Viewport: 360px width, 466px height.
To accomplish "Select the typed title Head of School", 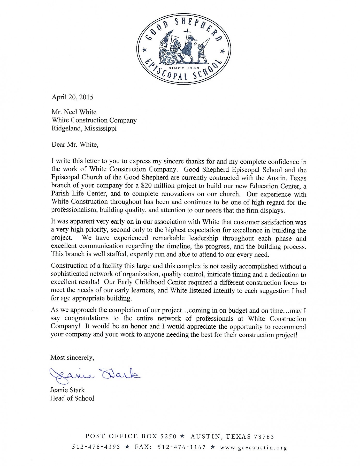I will [72, 398].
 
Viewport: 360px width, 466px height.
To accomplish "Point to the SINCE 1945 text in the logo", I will [184, 68].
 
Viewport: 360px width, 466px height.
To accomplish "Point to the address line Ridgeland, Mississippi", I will [84, 128].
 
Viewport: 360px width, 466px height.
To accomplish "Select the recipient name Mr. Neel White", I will [74, 112].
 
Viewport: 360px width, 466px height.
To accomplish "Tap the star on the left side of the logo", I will [145, 49].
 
